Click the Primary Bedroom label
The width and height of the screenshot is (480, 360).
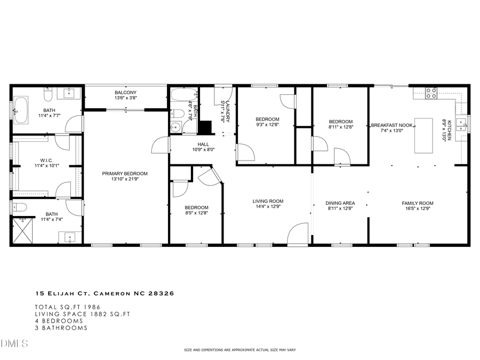click(x=125, y=173)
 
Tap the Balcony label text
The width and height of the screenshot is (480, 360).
click(x=125, y=93)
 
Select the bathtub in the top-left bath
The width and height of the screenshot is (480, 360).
click(x=21, y=110)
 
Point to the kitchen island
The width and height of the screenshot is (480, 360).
click(x=424, y=135)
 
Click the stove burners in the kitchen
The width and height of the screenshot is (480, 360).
click(x=430, y=93)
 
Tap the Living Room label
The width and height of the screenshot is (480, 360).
click(x=268, y=202)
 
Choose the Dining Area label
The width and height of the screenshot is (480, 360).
click(x=340, y=203)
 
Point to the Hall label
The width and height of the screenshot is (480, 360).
click(x=203, y=144)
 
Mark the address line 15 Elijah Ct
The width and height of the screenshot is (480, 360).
click(x=105, y=293)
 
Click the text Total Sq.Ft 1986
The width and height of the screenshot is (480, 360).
click(x=68, y=307)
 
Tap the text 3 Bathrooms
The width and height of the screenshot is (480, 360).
click(x=61, y=328)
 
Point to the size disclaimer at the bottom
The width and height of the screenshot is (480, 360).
click(x=239, y=350)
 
